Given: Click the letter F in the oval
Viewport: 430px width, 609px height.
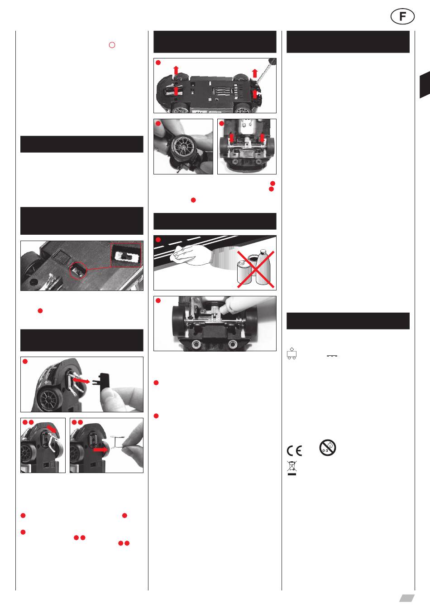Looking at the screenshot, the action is (402, 16).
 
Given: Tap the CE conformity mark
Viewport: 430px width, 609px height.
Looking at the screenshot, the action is (295, 450).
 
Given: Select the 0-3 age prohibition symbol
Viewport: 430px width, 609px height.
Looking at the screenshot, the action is (328, 448).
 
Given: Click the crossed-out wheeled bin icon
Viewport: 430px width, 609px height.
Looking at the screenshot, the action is (292, 468).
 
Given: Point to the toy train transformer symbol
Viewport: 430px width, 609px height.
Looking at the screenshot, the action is (292, 353).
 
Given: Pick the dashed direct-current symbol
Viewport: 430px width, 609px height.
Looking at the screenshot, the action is (332, 356).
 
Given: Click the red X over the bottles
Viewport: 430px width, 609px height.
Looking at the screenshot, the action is (256, 269).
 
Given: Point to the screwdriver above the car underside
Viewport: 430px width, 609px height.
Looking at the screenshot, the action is (266, 70).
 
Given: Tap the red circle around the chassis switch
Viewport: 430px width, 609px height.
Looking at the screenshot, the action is (78, 271).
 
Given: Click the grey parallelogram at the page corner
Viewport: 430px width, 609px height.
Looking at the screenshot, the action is (406, 599).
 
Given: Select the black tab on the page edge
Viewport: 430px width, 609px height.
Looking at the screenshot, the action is (425, 85).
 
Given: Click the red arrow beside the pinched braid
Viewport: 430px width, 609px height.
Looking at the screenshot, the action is (100, 450).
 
